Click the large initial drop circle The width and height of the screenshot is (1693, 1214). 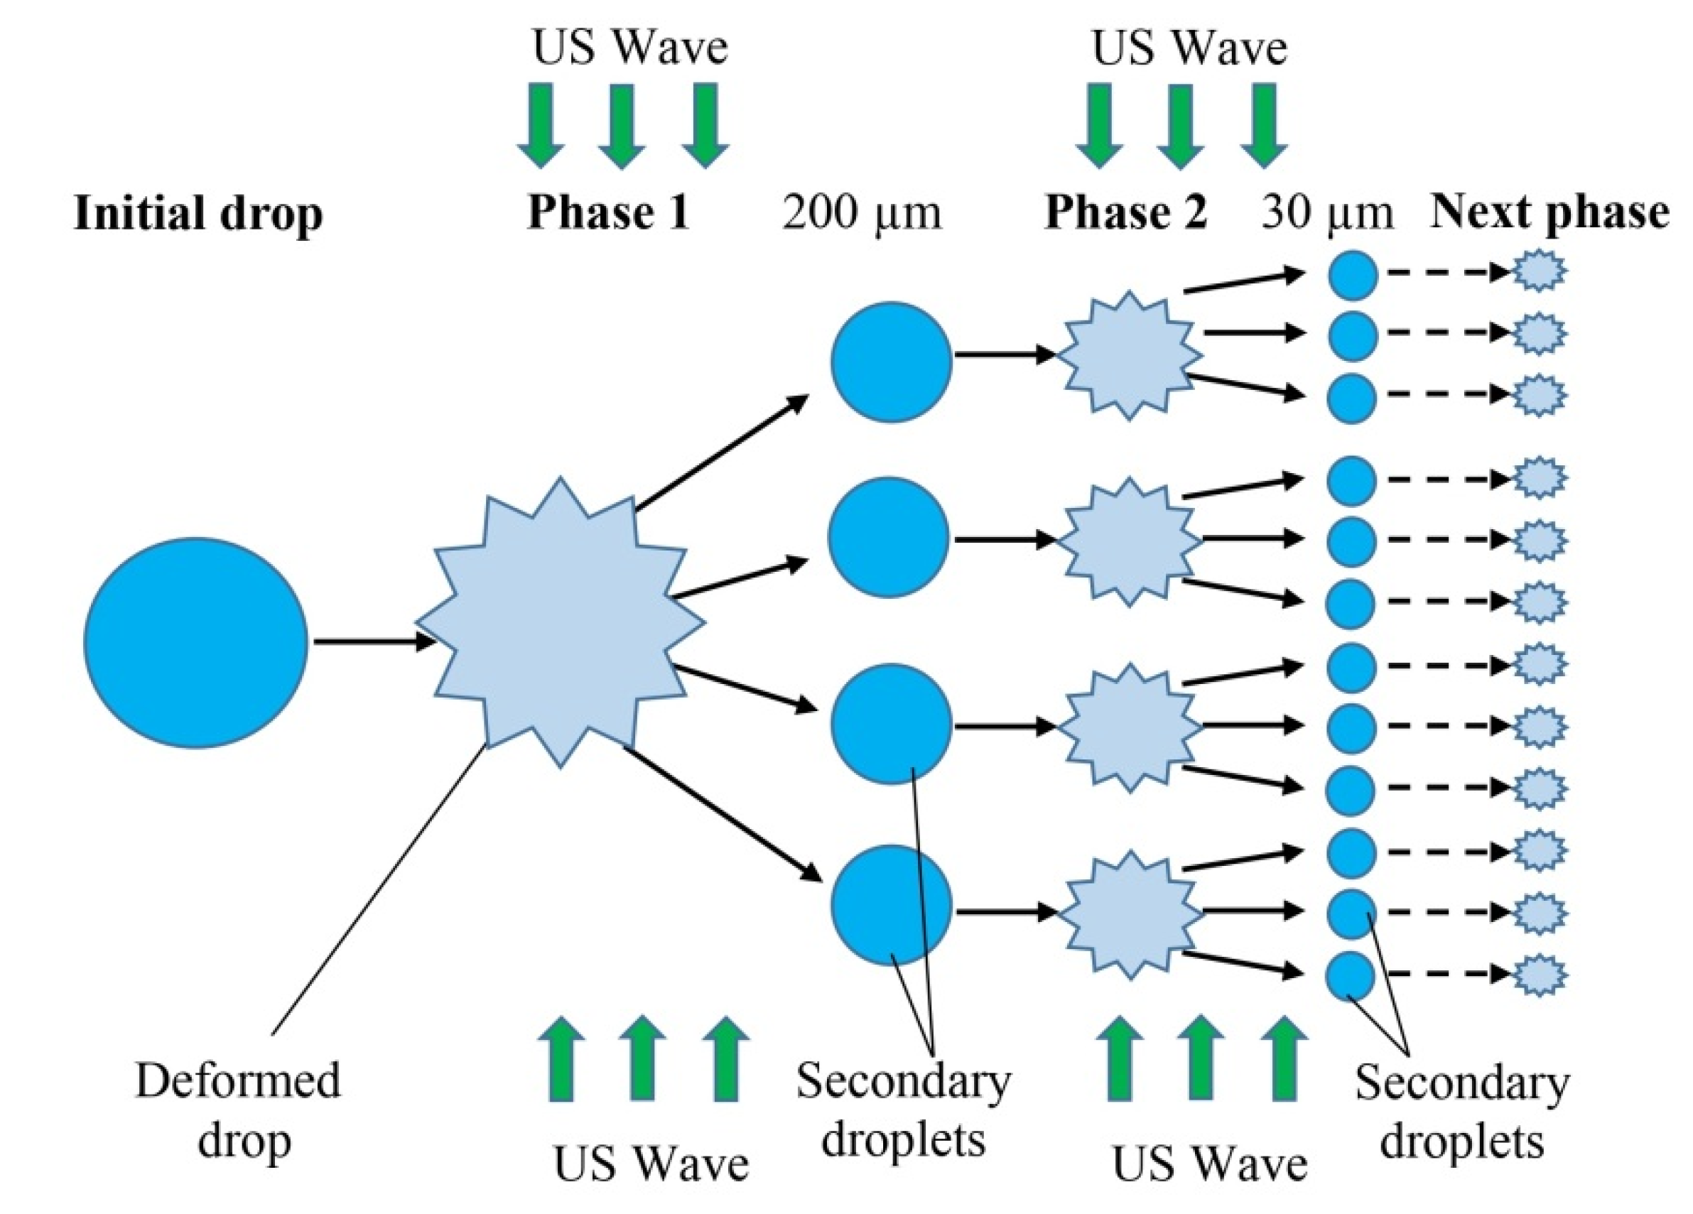point(195,642)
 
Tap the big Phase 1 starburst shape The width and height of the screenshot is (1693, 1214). point(560,623)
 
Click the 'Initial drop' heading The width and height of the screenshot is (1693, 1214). point(198,214)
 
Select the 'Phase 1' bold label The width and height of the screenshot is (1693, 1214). point(608,212)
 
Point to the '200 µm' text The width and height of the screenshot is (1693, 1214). point(862,213)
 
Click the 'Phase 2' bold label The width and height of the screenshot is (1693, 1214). point(1125,212)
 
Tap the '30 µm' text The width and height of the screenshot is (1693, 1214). point(1327,213)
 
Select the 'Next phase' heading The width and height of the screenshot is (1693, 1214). point(1549,212)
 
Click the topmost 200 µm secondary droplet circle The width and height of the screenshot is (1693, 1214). point(892,362)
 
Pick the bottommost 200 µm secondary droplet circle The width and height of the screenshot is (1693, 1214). point(892,905)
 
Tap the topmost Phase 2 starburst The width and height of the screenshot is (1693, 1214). point(1129,356)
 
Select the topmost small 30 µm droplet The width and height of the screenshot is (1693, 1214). point(1353,275)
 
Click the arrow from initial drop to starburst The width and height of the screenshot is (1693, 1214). point(373,641)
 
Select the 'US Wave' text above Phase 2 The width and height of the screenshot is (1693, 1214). point(1190,49)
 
